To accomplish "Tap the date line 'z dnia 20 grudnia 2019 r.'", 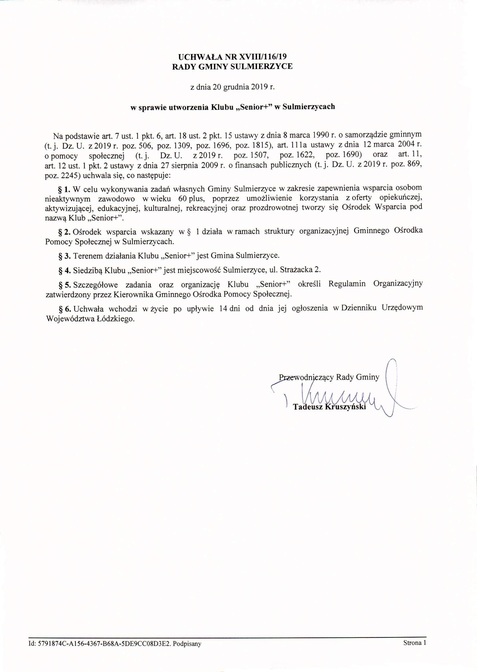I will coord(232,87).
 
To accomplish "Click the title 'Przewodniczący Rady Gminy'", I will coord(329,377).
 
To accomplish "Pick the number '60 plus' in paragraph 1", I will coord(191,198).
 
